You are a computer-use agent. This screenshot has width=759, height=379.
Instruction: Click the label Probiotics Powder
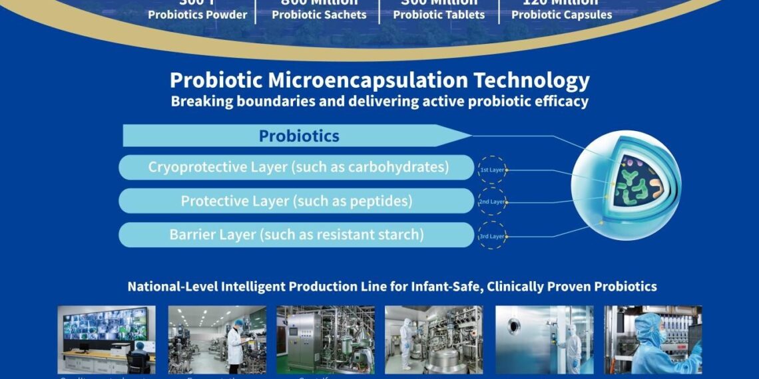(x=197, y=15)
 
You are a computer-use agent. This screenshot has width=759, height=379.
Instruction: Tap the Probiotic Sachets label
(x=319, y=15)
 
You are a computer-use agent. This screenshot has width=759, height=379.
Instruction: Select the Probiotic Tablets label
(x=439, y=15)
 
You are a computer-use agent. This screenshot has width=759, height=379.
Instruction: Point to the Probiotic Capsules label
(x=561, y=15)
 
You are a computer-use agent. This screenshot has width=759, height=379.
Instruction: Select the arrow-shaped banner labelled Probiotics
(x=298, y=136)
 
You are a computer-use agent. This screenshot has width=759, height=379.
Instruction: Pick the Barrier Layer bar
(x=296, y=234)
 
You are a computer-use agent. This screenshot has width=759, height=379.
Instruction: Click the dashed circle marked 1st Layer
(x=492, y=170)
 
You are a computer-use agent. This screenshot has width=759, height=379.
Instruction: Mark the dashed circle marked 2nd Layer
(x=492, y=201)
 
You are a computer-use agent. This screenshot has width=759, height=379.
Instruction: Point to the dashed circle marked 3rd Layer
(x=492, y=235)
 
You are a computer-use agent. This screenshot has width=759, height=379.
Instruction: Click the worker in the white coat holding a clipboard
(x=234, y=340)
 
